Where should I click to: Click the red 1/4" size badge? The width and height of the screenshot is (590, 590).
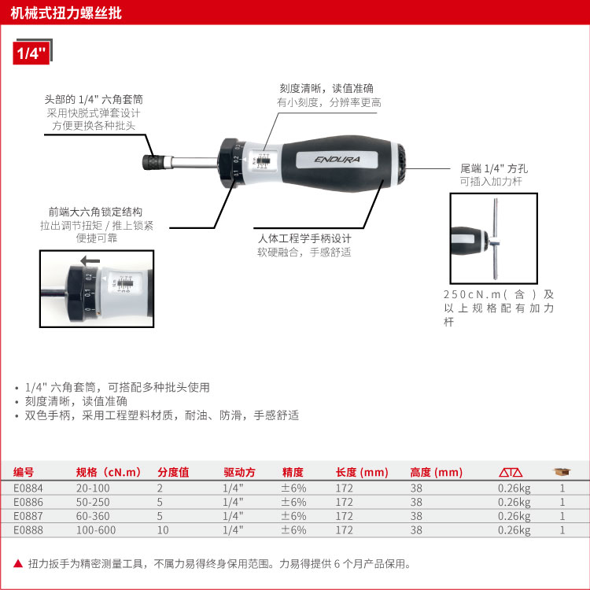pyautogui.click(x=31, y=53)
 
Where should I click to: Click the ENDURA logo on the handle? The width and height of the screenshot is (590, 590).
pyautogui.click(x=337, y=160)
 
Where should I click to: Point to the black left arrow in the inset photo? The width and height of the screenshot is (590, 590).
pyautogui.click(x=90, y=260)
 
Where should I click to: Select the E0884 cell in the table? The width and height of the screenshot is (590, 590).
pyautogui.click(x=28, y=488)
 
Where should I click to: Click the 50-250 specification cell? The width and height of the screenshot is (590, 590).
pyautogui.click(x=93, y=502)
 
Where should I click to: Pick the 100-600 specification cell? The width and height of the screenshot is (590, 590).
pyautogui.click(x=96, y=529)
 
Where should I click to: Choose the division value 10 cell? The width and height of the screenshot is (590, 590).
pyautogui.click(x=163, y=529)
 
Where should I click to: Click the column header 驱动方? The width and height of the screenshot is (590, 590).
pyautogui.click(x=239, y=472)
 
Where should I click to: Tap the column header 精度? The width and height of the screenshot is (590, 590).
pyautogui.click(x=293, y=472)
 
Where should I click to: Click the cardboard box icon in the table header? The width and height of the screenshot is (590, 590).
pyautogui.click(x=562, y=471)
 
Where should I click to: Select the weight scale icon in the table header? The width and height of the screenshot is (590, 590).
pyautogui.click(x=511, y=472)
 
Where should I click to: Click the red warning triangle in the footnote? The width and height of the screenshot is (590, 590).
pyautogui.click(x=18, y=563)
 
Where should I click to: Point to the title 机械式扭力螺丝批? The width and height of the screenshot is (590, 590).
pyautogui.click(x=66, y=13)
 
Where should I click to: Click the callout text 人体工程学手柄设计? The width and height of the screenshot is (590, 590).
pyautogui.click(x=304, y=238)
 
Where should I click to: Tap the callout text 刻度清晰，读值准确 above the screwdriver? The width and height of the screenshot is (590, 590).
pyautogui.click(x=326, y=88)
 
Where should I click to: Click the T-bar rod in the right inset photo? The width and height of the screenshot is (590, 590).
pyautogui.click(x=496, y=238)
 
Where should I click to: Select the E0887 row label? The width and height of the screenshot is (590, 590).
pyautogui.click(x=28, y=516)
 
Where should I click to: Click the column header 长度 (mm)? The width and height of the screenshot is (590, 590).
pyautogui.click(x=362, y=472)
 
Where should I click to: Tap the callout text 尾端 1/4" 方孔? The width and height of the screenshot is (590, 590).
pyautogui.click(x=494, y=168)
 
